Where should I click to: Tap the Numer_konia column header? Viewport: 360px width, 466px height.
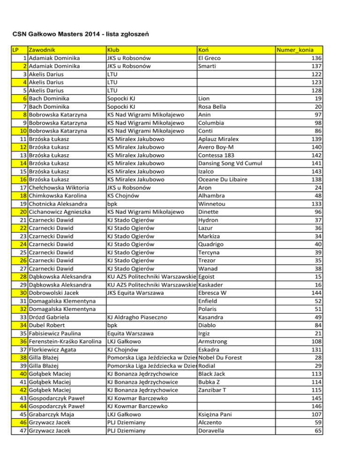pos(295,50)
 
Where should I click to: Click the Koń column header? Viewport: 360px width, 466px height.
pos(204,50)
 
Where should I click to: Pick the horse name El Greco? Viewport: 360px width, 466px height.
pos(210,58)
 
